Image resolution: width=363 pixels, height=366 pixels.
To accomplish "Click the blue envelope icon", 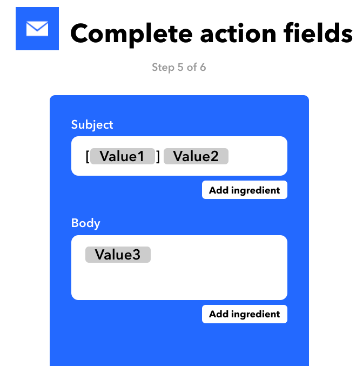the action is (x=37, y=29).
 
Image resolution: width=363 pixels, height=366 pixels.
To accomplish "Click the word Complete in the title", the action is (x=131, y=34).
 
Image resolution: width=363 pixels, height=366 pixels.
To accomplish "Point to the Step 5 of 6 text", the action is (x=179, y=68).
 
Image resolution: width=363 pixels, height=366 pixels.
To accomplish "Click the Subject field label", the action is (x=92, y=125).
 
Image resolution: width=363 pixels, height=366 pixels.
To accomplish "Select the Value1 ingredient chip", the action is (x=123, y=157).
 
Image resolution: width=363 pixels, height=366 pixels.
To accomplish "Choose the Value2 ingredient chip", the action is (x=196, y=157).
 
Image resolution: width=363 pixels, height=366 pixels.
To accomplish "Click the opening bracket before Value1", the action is (x=87, y=157).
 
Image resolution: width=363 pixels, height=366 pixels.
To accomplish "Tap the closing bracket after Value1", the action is (x=158, y=157).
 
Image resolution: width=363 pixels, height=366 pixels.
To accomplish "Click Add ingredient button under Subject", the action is (x=244, y=190).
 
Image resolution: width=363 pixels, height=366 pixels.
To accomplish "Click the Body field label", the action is (x=86, y=223).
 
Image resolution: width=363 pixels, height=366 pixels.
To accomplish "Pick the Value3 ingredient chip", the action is (x=118, y=255).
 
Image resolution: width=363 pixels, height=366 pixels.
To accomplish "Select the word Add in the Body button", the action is (x=218, y=314).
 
